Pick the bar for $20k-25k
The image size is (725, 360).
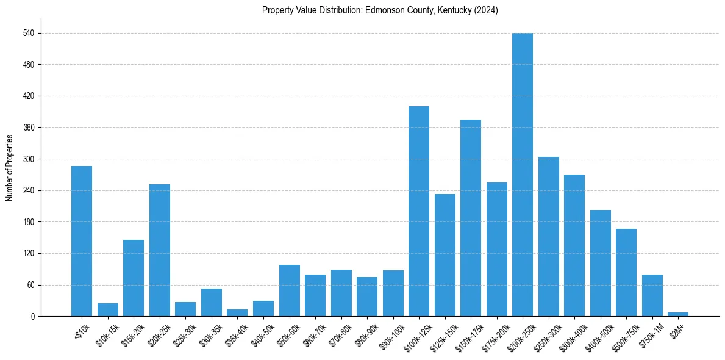tap(159, 250)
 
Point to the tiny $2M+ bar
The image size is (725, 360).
tap(677, 314)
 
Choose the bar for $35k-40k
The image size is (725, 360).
tap(237, 313)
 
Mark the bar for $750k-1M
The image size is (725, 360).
tap(652, 295)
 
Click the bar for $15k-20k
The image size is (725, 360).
tap(134, 278)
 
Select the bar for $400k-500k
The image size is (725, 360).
tap(600, 263)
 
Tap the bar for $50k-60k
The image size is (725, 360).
tap(289, 290)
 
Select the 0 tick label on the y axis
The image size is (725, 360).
tap(35, 316)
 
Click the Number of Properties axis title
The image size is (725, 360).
tap(9, 168)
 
